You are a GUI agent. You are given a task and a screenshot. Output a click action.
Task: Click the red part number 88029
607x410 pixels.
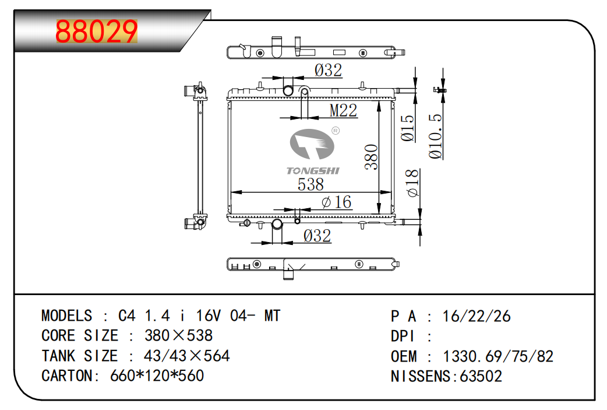tap(96, 33)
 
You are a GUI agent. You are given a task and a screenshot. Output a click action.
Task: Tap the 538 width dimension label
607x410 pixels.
tap(310, 184)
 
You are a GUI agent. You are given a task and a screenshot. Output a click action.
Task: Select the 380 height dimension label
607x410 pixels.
tap(372, 157)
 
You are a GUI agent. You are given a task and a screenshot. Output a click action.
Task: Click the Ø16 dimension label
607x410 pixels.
tap(337, 202)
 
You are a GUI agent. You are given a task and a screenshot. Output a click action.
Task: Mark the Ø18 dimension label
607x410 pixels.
tap(412, 183)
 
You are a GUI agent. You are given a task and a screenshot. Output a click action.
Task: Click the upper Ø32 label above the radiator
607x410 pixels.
tap(328, 71)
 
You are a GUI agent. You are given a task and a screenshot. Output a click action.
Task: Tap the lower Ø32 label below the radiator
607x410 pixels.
tap(317, 236)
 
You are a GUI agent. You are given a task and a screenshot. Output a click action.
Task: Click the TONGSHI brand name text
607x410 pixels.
tap(313, 170)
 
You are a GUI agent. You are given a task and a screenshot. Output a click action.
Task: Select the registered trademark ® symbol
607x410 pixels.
tap(336, 131)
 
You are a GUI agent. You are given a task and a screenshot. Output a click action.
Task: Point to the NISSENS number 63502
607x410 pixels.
tap(481, 376)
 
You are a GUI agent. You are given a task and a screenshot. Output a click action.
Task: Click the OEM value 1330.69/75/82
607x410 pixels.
tap(498, 356)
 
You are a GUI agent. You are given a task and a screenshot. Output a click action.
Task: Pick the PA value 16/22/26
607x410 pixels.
tap(477, 316)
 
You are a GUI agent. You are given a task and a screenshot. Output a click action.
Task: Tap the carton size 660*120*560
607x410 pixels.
tap(157, 376)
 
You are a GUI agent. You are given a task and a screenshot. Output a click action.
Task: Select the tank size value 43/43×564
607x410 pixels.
tap(178, 356)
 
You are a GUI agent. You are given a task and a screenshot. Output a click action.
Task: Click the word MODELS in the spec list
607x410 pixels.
tap(67, 316)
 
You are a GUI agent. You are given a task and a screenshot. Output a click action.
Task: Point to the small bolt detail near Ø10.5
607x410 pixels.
tap(439, 90)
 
